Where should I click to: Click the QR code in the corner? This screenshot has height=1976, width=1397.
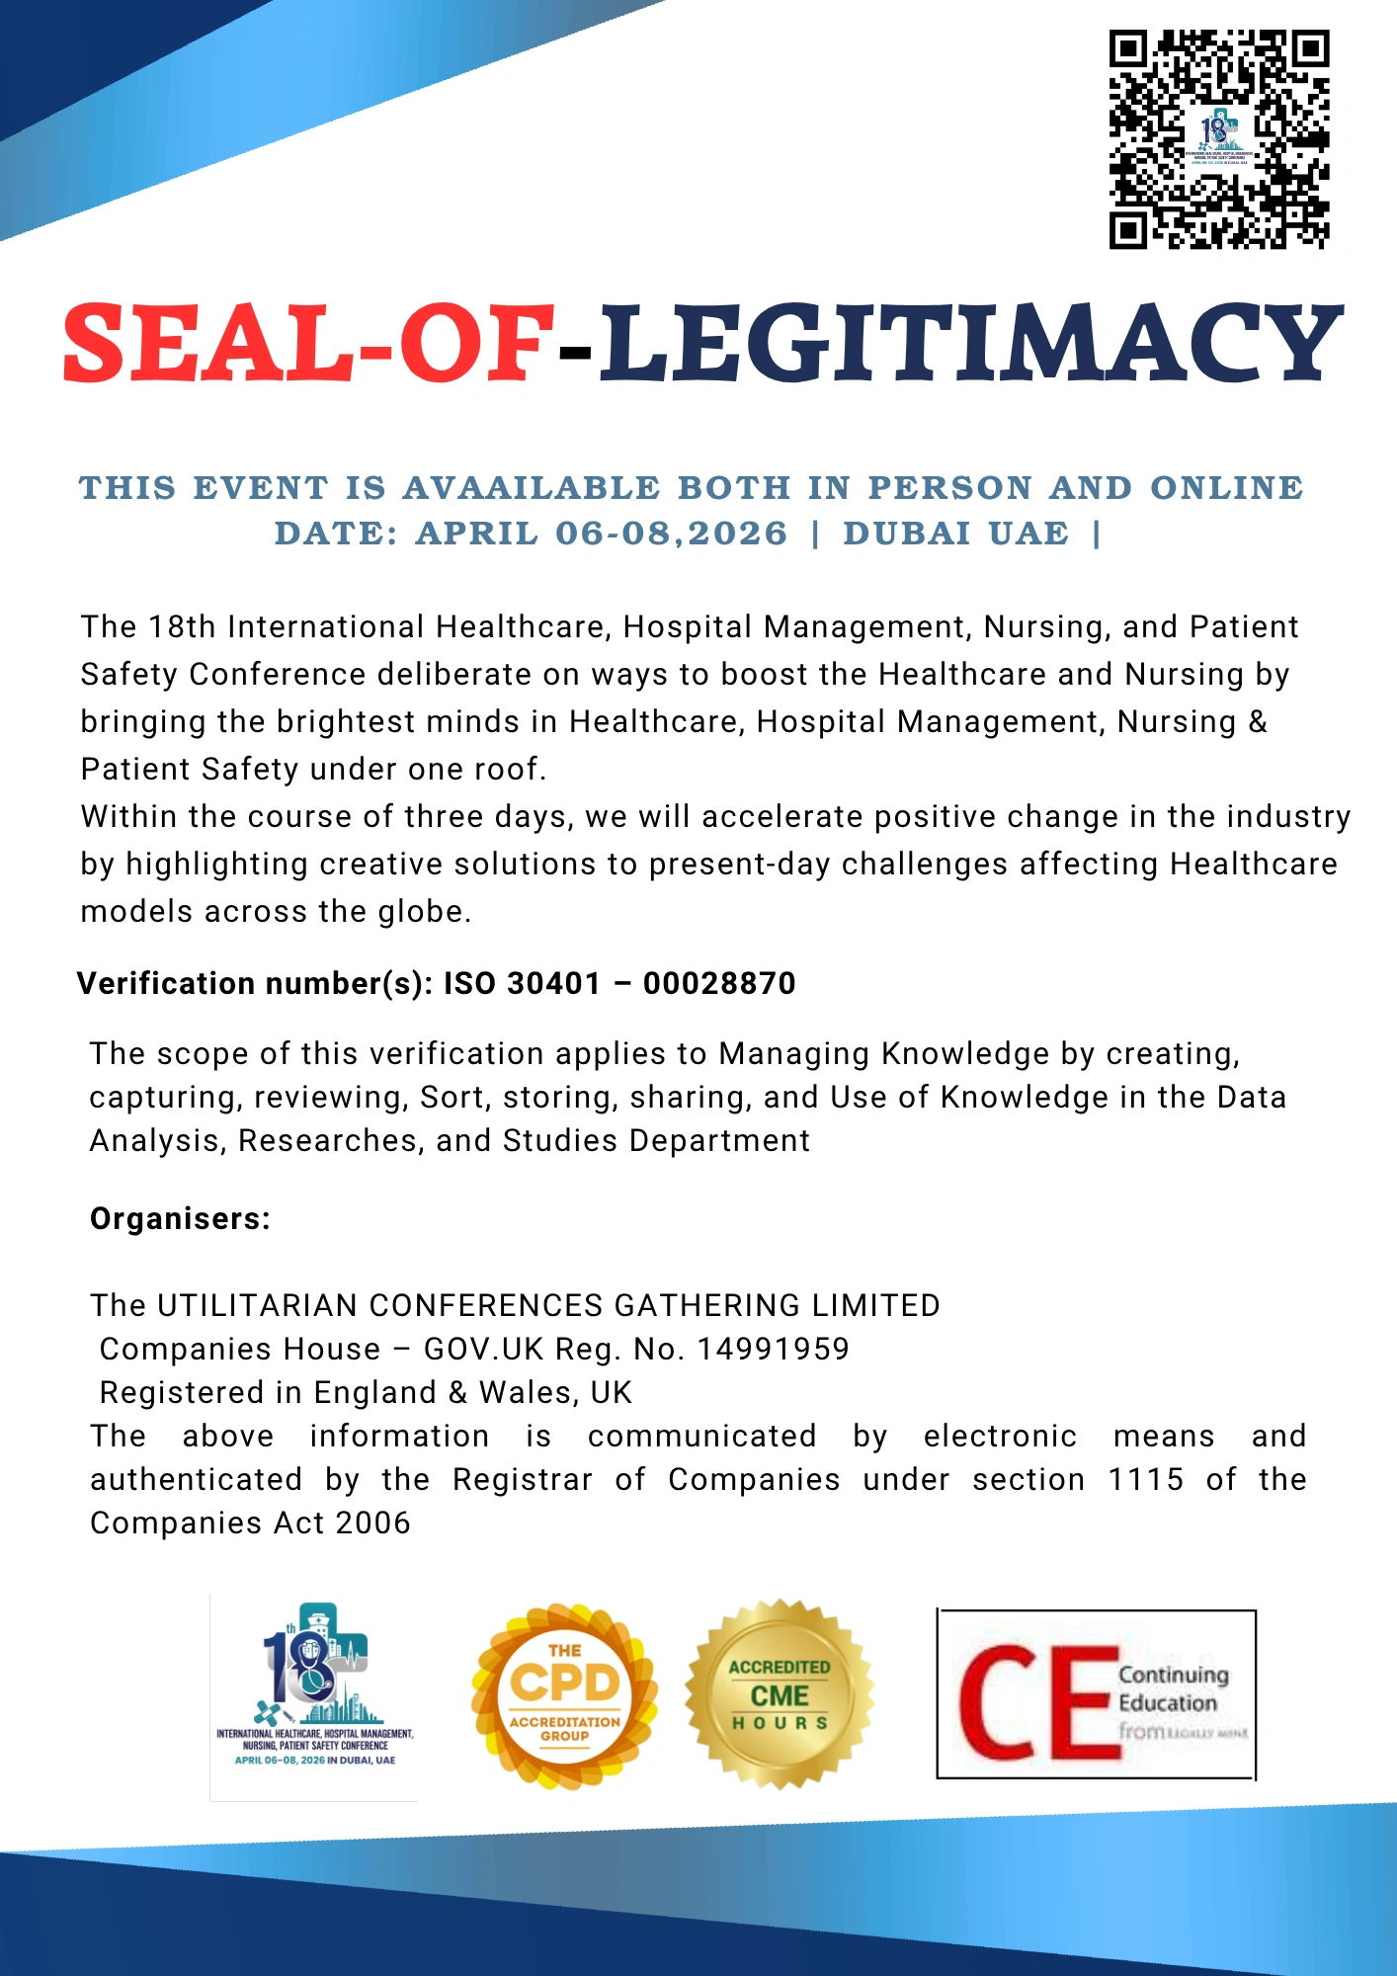pyautogui.click(x=1218, y=139)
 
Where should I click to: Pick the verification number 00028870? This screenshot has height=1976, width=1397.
pyautogui.click(x=719, y=983)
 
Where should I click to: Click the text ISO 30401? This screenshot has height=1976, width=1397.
pyautogui.click(x=522, y=983)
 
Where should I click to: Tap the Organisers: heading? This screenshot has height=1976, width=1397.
pyautogui.click(x=180, y=1218)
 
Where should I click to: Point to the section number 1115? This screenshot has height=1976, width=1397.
pyautogui.click(x=1145, y=1479)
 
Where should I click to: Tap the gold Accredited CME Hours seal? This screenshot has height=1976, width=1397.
pyautogui.click(x=780, y=1693)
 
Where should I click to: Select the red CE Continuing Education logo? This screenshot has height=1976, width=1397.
pyautogui.click(x=1096, y=1694)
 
